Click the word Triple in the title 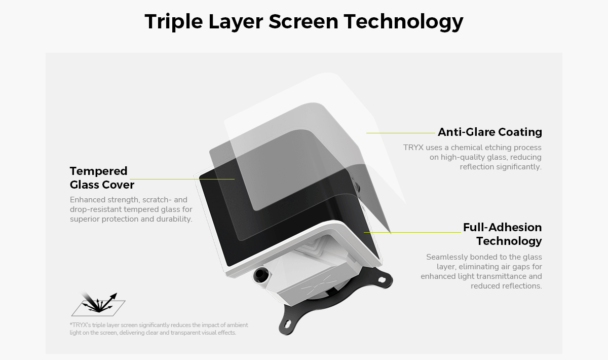(x=174, y=22)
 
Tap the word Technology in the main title (x=404, y=22)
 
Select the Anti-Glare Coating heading (x=490, y=132)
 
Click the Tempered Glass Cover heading (x=102, y=177)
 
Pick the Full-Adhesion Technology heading (x=503, y=234)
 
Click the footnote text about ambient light (x=159, y=329)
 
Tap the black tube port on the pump (x=260, y=274)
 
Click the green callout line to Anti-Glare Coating (x=401, y=133)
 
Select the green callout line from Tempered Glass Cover (x=182, y=179)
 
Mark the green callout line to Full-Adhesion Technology (x=412, y=232)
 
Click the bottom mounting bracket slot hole (x=287, y=323)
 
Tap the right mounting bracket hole (x=382, y=279)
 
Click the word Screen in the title (x=303, y=22)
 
